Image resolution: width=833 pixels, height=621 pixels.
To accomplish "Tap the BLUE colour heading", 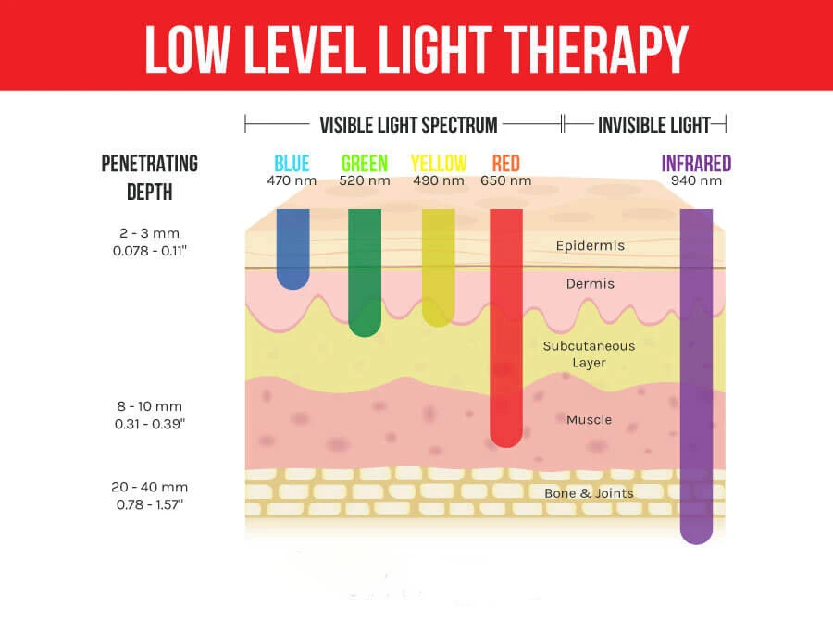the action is pyautogui.click(x=292, y=164).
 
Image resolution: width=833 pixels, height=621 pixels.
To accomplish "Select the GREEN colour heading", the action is pyautogui.click(x=365, y=164).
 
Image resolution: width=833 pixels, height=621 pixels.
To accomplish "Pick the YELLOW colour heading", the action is pyautogui.click(x=439, y=164).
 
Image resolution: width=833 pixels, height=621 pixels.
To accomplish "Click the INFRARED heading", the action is pyautogui.click(x=696, y=164).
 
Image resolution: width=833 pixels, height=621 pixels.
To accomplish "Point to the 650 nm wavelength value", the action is pyautogui.click(x=506, y=181).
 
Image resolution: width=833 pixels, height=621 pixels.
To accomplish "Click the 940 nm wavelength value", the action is pyautogui.click(x=696, y=181).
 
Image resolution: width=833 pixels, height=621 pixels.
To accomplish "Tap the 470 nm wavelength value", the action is pyautogui.click(x=292, y=181).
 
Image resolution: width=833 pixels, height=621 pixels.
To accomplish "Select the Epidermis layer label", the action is pyautogui.click(x=590, y=246).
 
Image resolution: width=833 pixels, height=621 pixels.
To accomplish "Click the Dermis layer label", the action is pyautogui.click(x=590, y=284).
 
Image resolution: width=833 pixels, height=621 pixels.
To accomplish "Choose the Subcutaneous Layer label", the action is pyautogui.click(x=590, y=354).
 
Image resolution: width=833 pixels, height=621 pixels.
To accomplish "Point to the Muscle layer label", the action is pyautogui.click(x=590, y=420).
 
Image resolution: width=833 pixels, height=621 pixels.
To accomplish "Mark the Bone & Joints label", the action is pyautogui.click(x=590, y=493).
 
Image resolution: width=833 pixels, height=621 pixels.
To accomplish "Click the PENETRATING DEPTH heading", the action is pyautogui.click(x=149, y=179).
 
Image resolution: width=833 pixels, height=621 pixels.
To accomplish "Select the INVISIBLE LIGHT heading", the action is pyautogui.click(x=653, y=125).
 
